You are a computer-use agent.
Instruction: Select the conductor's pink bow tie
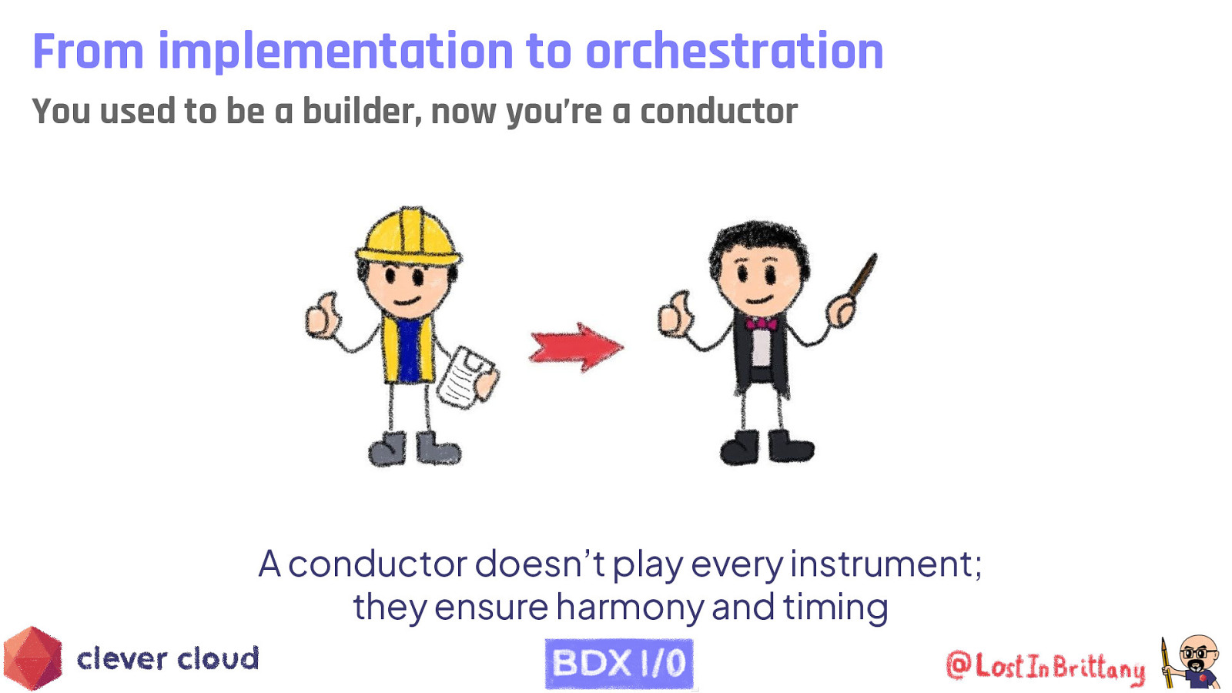point(761,323)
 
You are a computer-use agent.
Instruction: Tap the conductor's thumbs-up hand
point(675,314)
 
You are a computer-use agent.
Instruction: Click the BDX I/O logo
point(619,663)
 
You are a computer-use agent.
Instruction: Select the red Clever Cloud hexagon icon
point(32,658)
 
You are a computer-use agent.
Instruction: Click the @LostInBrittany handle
point(1045,666)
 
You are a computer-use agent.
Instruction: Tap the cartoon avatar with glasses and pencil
point(1192,661)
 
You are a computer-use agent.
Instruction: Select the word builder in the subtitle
point(362,112)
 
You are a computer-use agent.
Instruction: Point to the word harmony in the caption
point(630,607)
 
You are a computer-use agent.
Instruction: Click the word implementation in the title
point(336,52)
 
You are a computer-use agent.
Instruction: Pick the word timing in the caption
point(835,607)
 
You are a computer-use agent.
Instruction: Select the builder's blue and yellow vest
point(407,348)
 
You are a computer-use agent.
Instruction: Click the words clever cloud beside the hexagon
point(168,659)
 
